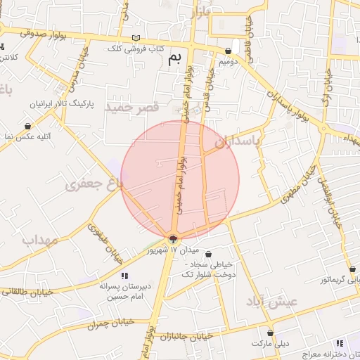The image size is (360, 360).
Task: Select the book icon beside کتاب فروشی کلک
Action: click(x=136, y=38)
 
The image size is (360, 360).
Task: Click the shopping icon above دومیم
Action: click(x=229, y=51)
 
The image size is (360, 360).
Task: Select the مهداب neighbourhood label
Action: click(x=39, y=240)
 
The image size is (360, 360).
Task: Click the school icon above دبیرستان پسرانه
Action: click(x=124, y=276)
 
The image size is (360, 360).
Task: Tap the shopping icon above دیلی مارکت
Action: click(x=270, y=333)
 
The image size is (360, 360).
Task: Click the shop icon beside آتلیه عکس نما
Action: click(x=27, y=127)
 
